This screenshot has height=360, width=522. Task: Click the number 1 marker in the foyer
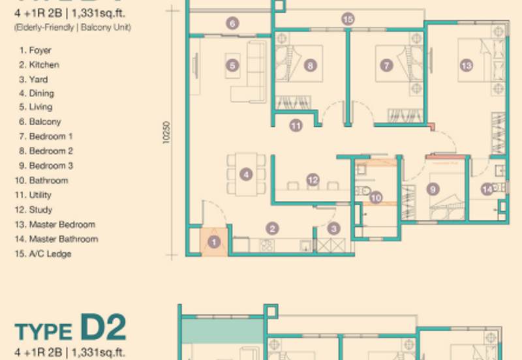click(x=212, y=242)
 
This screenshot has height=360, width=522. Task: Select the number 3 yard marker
click(x=333, y=228)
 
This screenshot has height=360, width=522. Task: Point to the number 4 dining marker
click(x=245, y=174)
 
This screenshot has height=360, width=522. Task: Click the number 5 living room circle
click(x=232, y=65)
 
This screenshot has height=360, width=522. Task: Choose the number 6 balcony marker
click(x=232, y=23)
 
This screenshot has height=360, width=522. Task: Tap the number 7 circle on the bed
click(x=386, y=65)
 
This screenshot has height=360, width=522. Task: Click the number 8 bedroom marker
click(x=310, y=65)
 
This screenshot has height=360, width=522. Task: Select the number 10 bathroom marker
click(x=375, y=198)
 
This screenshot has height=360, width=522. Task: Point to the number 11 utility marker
click(x=296, y=125)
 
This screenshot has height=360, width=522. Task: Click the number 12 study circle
click(x=313, y=179)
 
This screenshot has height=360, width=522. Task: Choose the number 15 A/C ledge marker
click(x=348, y=20)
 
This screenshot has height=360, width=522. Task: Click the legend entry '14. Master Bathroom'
click(x=59, y=239)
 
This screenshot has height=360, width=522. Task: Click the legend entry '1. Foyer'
click(x=36, y=50)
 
